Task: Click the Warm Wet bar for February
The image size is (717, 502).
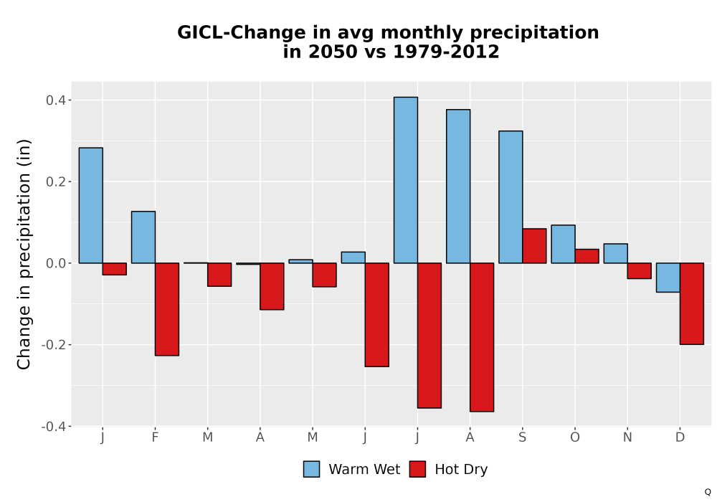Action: pyautogui.click(x=143, y=237)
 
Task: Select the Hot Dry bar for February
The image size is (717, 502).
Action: pyautogui.click(x=167, y=309)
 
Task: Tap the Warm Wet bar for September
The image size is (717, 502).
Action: pyautogui.click(x=511, y=197)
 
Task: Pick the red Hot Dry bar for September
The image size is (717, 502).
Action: pyautogui.click(x=535, y=246)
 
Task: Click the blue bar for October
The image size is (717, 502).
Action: pyautogui.click(x=564, y=244)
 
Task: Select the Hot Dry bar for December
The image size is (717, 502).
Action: pyautogui.click(x=692, y=303)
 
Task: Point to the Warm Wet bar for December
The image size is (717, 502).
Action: pyautogui.click(x=668, y=278)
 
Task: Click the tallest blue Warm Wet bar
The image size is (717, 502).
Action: pyautogui.click(x=406, y=180)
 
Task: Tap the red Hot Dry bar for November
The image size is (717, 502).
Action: pyautogui.click(x=640, y=270)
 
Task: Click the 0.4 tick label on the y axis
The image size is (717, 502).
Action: pyautogui.click(x=55, y=100)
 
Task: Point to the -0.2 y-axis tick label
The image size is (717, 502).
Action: pyautogui.click(x=53, y=345)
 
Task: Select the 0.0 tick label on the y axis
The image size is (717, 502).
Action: pyautogui.click(x=55, y=263)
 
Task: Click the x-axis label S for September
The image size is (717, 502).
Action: pyautogui.click(x=522, y=437)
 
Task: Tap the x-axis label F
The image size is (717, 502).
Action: pyautogui.click(x=155, y=437)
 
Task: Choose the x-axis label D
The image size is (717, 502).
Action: pyautogui.click(x=680, y=437)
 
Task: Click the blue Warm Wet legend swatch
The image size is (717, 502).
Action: pyautogui.click(x=311, y=469)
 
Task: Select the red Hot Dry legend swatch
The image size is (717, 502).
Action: pyautogui.click(x=417, y=469)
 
